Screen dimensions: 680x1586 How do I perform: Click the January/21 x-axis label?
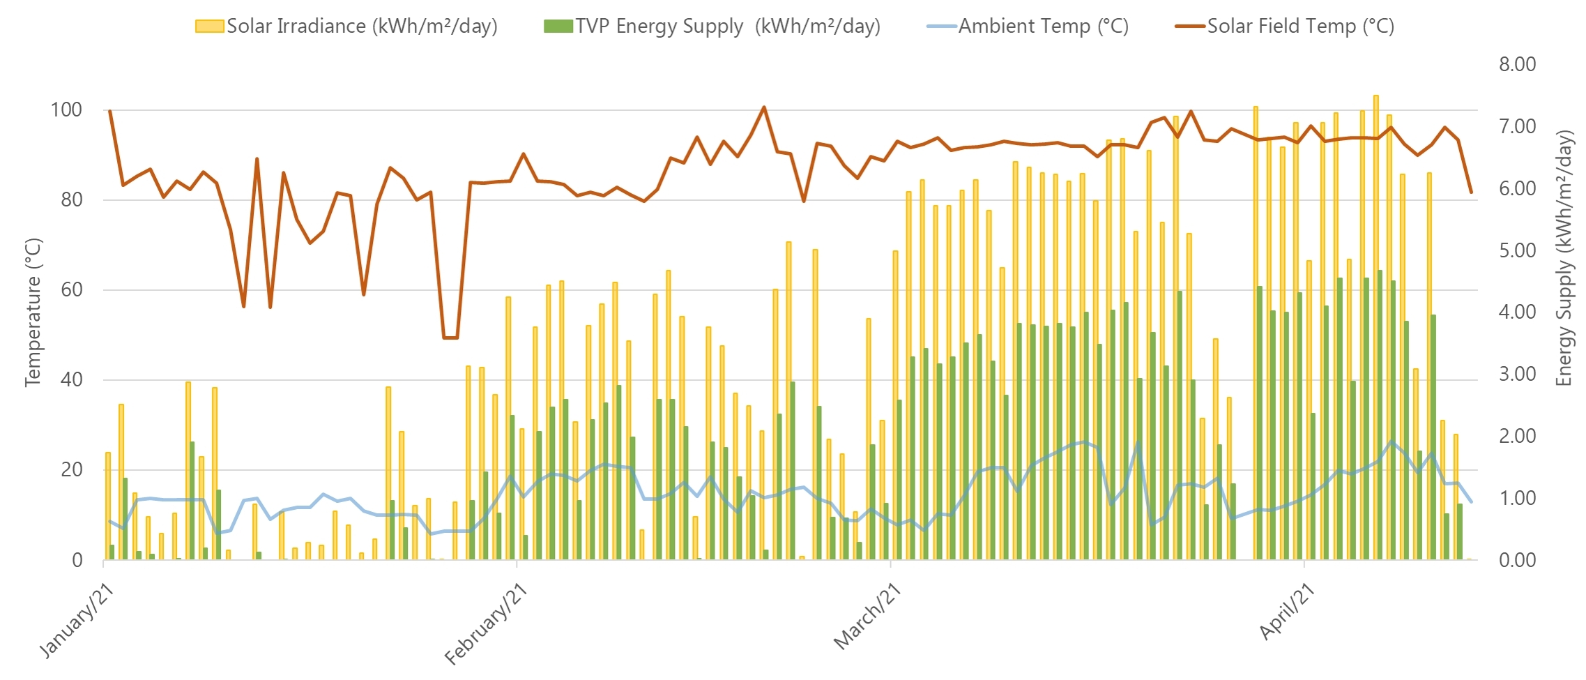tap(77, 621)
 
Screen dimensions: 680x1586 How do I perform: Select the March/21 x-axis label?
tap(867, 618)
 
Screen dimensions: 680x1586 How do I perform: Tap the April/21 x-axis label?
tap(1287, 612)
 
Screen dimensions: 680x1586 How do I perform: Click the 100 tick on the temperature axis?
tap(66, 109)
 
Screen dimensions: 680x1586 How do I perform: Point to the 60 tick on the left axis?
tap(71, 289)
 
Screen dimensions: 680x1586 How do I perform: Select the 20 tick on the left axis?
tap(71, 469)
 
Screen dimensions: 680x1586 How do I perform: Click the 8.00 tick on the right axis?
tap(1518, 64)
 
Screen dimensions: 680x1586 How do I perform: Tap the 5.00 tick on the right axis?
tap(1518, 250)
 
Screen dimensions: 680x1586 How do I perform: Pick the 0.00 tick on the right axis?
tap(1518, 560)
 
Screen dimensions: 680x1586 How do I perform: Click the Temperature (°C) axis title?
tap(33, 312)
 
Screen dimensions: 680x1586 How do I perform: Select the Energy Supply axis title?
tap(1564, 258)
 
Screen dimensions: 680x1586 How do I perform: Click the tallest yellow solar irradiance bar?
tap(1375, 328)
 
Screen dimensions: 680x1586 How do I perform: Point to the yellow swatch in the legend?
tap(209, 27)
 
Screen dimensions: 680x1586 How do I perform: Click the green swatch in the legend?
tap(558, 27)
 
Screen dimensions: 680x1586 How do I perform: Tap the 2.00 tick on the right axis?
tap(1518, 436)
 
